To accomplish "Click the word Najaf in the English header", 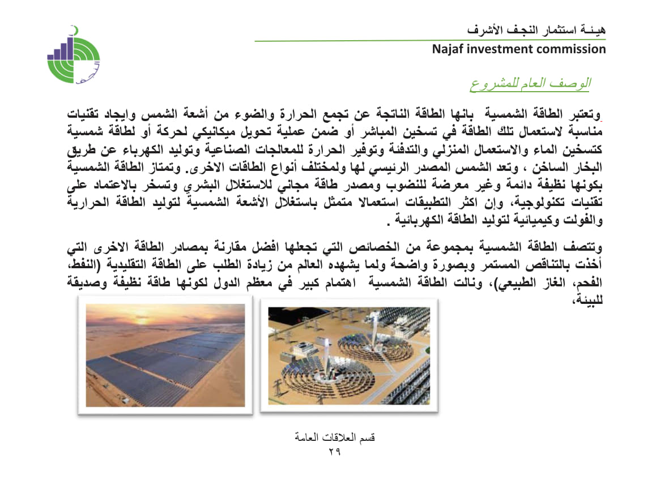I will coord(447,49).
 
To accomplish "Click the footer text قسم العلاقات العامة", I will coord(335,437).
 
